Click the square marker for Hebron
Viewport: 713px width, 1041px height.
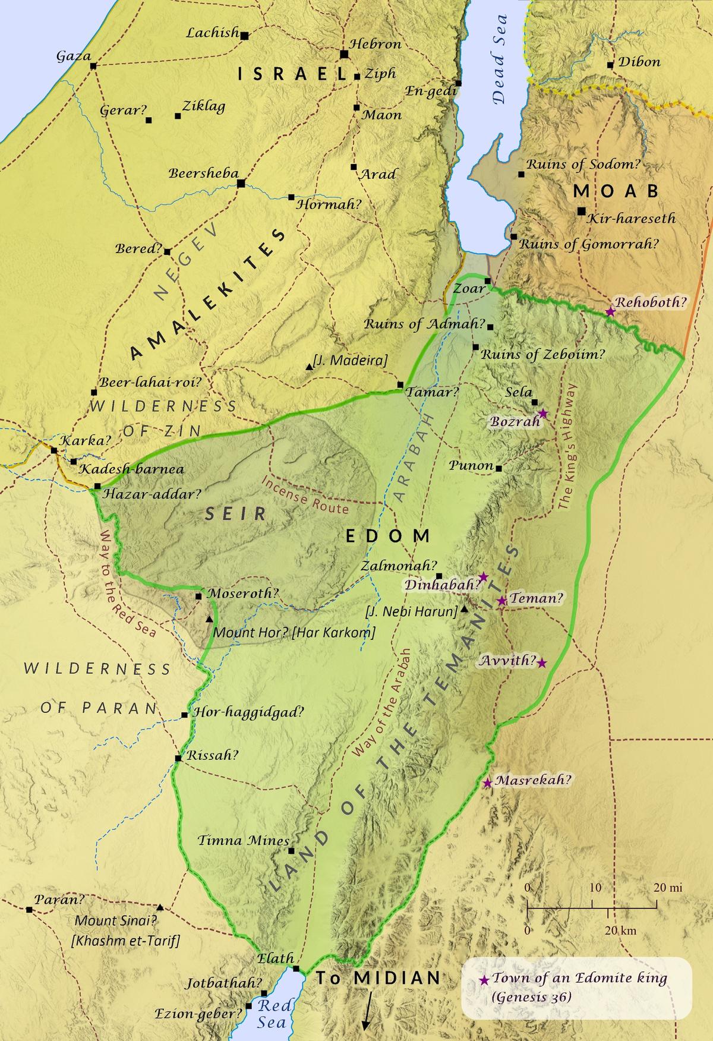pos(343,55)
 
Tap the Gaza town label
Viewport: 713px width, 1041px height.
pos(73,56)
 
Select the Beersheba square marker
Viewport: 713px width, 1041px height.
pos(241,184)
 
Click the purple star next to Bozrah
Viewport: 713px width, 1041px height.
pos(542,414)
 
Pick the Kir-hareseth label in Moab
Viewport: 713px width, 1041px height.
pos(631,219)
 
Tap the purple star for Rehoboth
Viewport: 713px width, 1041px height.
pos(610,311)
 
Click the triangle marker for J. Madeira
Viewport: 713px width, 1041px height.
pos(308,368)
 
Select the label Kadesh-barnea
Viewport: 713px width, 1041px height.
pos(132,469)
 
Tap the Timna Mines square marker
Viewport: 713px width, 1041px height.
pos(291,851)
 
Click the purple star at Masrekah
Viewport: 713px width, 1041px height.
pos(487,783)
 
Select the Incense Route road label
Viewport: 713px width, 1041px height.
pos(305,497)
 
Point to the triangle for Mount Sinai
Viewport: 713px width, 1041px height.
pos(160,908)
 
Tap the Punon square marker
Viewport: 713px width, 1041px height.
pos(499,469)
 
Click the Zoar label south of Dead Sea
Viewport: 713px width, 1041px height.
pos(465,289)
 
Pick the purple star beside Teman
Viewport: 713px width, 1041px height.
pos(502,601)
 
